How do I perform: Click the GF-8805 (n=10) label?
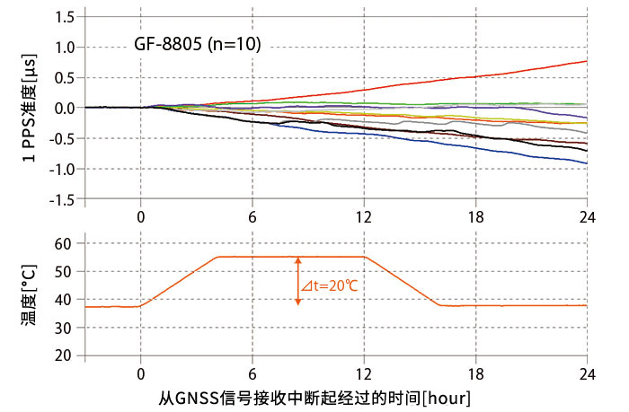click(x=197, y=43)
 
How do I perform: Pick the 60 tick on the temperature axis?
click(x=62, y=243)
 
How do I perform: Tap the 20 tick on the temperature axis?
click(x=62, y=355)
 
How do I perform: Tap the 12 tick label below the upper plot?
click(x=364, y=217)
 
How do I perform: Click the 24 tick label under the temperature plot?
click(x=587, y=373)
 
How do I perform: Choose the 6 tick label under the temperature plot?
click(x=252, y=373)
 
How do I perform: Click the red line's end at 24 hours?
click(x=586, y=61)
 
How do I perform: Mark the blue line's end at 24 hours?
click(x=586, y=163)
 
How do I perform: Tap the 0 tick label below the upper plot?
click(x=140, y=217)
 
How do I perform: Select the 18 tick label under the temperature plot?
click(x=475, y=373)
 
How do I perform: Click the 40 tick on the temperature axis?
click(x=62, y=300)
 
